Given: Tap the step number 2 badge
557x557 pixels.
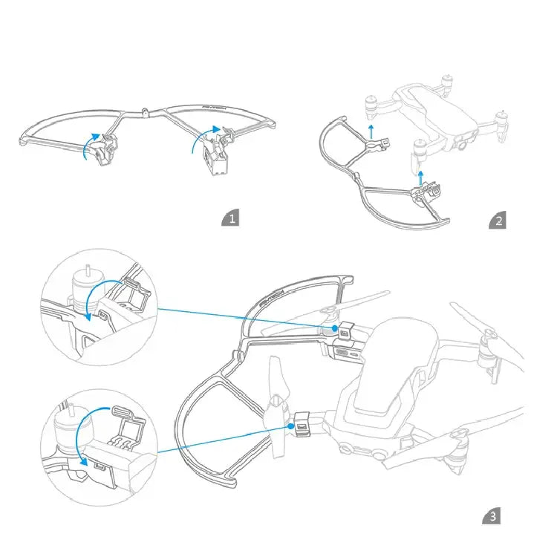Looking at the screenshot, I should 498,220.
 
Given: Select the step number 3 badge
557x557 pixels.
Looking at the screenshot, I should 492,516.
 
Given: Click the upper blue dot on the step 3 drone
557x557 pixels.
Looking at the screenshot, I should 336,328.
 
